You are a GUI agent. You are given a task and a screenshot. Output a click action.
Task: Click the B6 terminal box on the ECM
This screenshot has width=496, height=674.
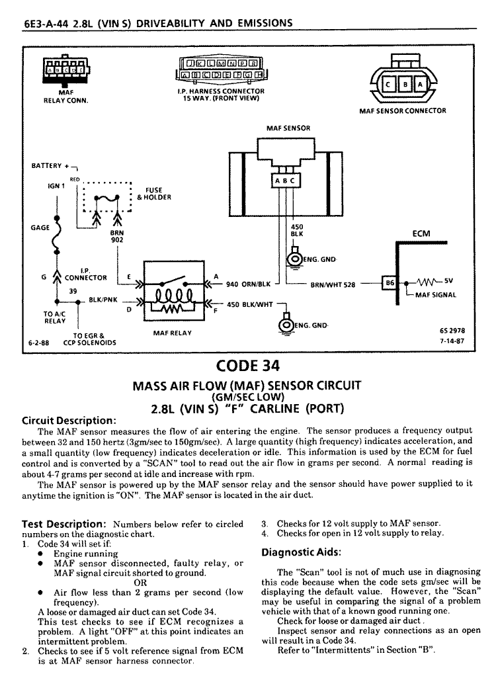point(390,283)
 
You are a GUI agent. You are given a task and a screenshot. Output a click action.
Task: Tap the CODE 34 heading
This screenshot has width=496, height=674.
point(248,366)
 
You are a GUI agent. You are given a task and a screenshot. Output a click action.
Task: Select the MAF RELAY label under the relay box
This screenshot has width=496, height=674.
point(173,333)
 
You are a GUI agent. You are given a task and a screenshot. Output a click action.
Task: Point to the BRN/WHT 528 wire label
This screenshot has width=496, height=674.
point(333,284)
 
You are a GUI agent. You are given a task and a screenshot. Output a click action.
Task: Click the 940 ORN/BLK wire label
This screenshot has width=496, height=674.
point(249,284)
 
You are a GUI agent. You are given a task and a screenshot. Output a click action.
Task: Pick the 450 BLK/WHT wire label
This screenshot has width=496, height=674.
point(250,304)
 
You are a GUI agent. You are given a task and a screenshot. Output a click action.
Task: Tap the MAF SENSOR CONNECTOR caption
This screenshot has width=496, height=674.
point(403,110)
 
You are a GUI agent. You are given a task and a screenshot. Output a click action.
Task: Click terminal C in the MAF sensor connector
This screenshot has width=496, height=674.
point(388,85)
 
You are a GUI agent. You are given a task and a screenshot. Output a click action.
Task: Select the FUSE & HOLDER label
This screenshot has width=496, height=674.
point(154,193)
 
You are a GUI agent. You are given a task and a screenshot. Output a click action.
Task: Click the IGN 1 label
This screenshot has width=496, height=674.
point(56,186)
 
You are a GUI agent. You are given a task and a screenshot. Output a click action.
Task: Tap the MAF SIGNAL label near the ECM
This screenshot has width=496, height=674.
point(435,295)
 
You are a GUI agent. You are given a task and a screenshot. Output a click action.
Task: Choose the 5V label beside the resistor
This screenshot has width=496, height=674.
point(448,280)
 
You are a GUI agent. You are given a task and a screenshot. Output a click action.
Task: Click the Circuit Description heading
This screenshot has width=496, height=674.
point(69,421)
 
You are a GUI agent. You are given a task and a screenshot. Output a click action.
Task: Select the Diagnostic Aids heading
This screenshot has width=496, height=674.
point(302,552)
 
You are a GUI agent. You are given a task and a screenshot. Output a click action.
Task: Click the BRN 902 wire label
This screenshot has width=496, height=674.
point(117,236)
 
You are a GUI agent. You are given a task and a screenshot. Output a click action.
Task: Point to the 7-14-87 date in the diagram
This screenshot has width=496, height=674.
point(452,341)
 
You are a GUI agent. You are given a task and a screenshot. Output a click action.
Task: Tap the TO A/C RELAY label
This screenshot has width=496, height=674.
point(55,317)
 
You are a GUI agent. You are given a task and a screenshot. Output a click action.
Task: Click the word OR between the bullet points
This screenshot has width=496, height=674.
point(141,583)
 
